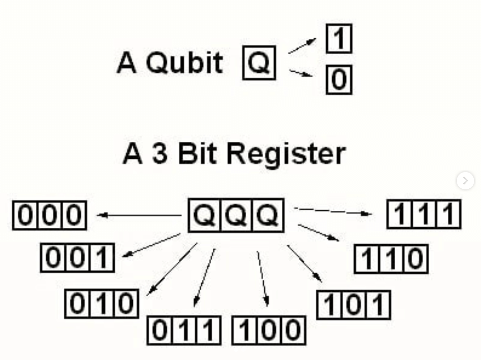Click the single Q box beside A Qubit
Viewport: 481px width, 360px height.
click(x=259, y=63)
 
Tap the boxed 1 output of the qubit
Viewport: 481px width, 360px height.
click(x=339, y=38)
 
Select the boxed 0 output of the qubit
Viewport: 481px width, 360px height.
click(x=339, y=80)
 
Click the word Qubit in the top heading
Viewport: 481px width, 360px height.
click(x=184, y=63)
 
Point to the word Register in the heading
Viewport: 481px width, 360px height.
click(x=286, y=154)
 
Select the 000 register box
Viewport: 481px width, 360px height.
click(x=50, y=215)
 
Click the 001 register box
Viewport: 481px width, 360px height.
click(x=77, y=258)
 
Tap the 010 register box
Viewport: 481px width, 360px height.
click(x=102, y=304)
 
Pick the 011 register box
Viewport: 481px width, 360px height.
click(x=184, y=330)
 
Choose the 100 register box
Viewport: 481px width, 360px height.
click(x=268, y=330)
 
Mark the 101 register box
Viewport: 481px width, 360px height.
click(x=353, y=305)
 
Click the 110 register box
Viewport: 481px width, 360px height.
click(x=391, y=259)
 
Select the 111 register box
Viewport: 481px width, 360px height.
click(x=424, y=214)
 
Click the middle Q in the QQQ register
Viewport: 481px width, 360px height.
click(x=236, y=215)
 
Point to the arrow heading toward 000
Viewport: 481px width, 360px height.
click(x=139, y=215)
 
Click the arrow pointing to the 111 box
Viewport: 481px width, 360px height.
click(x=333, y=211)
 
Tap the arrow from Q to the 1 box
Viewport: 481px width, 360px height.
click(x=302, y=46)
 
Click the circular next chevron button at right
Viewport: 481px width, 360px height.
click(x=465, y=180)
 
